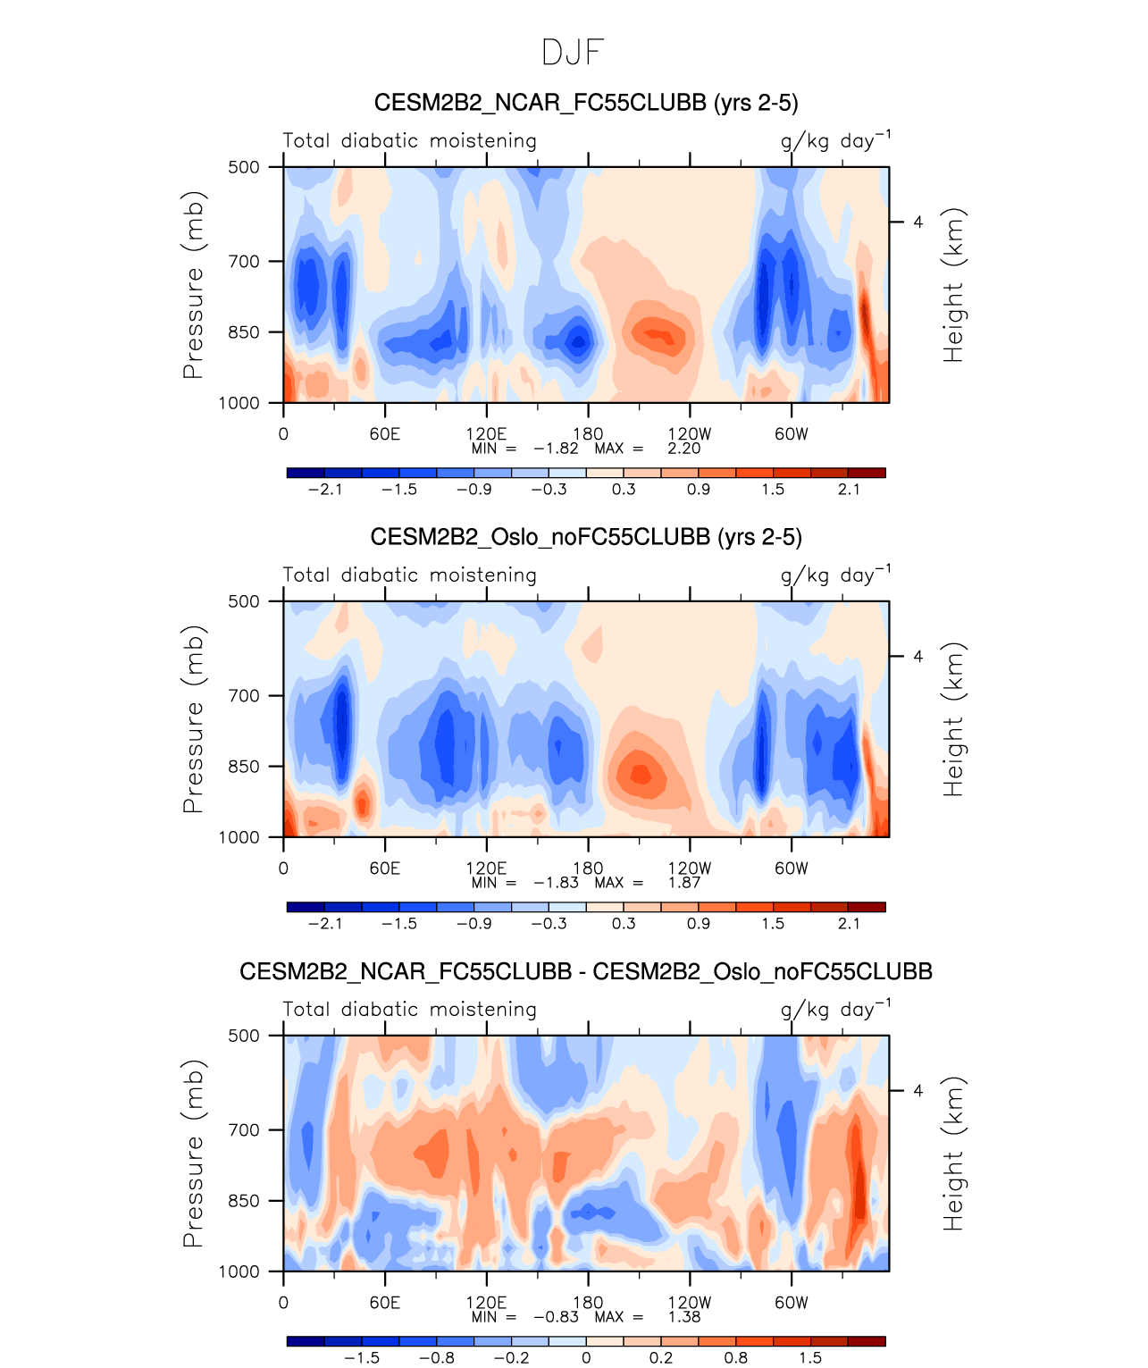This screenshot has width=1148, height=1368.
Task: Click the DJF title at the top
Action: pos(573,53)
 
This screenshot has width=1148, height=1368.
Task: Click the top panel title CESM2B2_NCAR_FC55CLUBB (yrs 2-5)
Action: pos(585,103)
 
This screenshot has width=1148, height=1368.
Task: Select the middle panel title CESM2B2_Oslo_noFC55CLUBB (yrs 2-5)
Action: pos(585,537)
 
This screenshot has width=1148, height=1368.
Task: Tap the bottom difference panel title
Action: pos(585,971)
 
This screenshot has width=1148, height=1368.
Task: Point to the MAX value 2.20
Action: pos(683,449)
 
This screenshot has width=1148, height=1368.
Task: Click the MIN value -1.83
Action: pos(556,883)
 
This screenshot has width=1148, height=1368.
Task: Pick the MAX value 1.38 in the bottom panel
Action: pos(683,1317)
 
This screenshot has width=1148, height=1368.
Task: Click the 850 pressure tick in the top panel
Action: pos(243,332)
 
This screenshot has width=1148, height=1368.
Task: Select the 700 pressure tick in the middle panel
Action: pos(243,695)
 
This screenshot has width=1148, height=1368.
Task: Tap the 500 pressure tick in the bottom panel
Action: pos(243,1036)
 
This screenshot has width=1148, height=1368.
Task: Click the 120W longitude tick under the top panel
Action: pos(689,434)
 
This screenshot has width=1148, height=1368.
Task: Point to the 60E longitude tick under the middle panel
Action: pos(384,869)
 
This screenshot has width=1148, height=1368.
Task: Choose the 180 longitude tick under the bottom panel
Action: pos(588,1303)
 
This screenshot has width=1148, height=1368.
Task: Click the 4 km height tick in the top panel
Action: pos(918,222)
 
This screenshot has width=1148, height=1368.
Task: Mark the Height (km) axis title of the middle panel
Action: pos(954,719)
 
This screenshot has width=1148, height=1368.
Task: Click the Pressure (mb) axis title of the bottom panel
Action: pos(193,1154)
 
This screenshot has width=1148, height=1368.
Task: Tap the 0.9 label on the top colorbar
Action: pos(699,490)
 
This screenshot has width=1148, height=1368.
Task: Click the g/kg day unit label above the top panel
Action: pos(834,141)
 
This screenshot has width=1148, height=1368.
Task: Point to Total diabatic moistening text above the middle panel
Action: pos(409,575)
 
